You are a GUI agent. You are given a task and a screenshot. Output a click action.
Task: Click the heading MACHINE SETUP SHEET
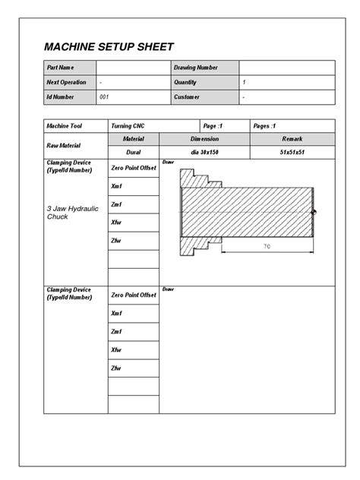point(109,47)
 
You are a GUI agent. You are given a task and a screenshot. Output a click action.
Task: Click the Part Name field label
point(60,68)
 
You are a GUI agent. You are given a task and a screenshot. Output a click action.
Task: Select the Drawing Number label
point(196,68)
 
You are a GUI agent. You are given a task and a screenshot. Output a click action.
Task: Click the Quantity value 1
point(244,82)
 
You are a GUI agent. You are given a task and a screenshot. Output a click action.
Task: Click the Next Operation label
point(67,82)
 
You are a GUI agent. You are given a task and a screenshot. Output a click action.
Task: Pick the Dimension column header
point(204,139)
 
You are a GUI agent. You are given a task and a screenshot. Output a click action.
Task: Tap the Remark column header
point(292,139)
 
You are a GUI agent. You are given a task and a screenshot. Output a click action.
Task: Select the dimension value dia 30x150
point(204,152)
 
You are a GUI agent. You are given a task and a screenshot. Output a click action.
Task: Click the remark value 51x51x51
point(292,152)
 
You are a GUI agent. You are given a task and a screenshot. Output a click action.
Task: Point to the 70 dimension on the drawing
point(267,247)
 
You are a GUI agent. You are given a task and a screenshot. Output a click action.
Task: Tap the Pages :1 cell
point(264,125)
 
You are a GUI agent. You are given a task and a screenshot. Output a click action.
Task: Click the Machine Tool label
point(64,125)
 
